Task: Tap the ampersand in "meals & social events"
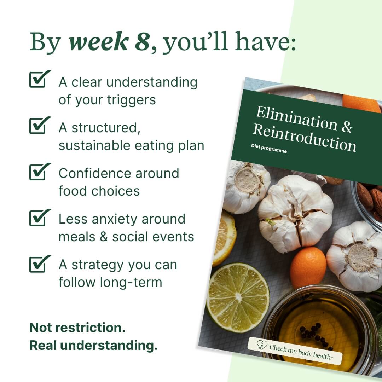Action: [103, 237]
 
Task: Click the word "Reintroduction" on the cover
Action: [304, 139]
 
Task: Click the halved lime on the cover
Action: [237, 297]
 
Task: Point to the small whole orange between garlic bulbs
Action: [308, 267]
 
